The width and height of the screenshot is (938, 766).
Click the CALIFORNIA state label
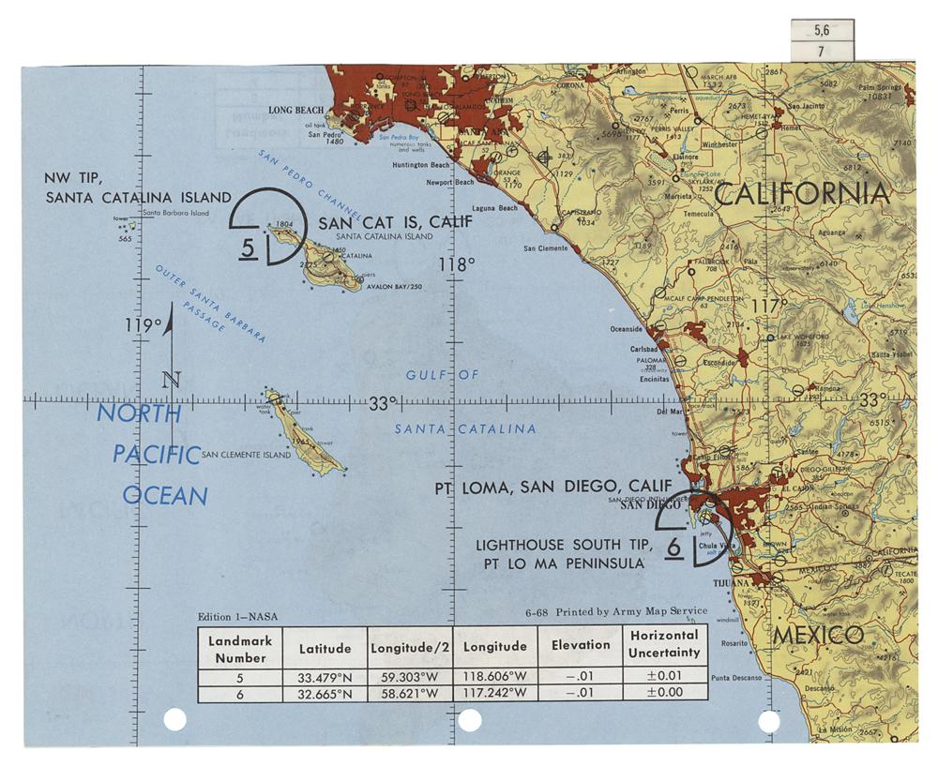802,194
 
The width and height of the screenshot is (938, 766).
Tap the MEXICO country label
818,635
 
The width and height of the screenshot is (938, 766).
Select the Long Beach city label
295,110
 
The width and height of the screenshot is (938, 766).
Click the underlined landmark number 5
247,248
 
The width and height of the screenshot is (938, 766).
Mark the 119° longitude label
144,325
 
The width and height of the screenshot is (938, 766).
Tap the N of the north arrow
170,380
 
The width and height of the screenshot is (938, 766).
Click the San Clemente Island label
247,456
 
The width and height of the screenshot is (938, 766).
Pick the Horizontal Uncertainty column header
664,644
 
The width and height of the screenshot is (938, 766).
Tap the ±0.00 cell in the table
664,693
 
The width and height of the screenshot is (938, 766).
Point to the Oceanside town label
627,329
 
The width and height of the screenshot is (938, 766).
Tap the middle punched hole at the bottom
469,720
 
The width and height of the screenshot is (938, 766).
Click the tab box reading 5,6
822,30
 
